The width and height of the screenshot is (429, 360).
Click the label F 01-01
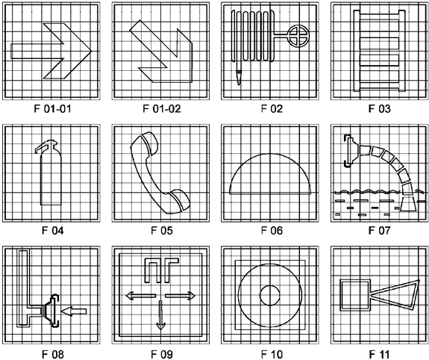click(52, 109)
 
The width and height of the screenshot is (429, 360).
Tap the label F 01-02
click(162, 109)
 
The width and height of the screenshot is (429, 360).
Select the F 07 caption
click(380, 230)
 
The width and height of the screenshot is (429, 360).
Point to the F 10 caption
click(272, 354)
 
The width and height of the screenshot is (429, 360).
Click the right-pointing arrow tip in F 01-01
click(91, 51)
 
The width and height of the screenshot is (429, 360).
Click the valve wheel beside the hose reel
click(298, 36)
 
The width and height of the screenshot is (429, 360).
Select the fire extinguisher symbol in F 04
click(49, 173)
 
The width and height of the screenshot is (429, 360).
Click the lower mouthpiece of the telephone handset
click(178, 202)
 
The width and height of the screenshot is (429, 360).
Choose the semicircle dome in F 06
click(270, 174)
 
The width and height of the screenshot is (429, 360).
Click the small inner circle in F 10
click(270, 296)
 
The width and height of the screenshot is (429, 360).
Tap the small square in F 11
click(355, 296)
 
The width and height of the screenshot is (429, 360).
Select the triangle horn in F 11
click(395, 295)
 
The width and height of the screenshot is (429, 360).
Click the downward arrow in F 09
click(160, 315)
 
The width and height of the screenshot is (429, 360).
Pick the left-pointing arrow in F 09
click(140, 296)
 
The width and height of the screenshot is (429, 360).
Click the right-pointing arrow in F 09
click(181, 296)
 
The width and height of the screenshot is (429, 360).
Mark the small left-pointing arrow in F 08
click(74, 311)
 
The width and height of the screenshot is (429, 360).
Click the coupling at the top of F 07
click(348, 151)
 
